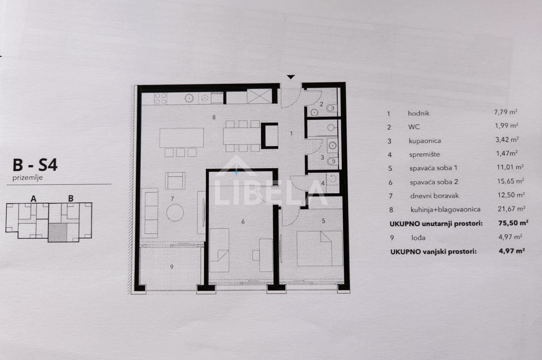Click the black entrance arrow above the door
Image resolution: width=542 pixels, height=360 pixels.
point(291,77)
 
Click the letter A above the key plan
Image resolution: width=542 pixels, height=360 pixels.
point(33,199)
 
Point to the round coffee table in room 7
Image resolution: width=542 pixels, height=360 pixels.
point(175,212)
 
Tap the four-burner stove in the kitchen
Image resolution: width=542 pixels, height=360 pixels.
point(160,99)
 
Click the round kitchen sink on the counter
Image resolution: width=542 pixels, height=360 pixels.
point(190,99)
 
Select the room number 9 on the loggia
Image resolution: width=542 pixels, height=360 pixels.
point(172,267)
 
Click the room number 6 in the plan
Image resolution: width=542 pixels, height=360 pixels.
point(243,222)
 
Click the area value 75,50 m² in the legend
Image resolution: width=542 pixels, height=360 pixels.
point(513,223)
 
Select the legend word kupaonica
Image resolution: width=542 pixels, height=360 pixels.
point(425,141)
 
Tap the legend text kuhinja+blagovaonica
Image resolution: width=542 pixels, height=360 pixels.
point(445,209)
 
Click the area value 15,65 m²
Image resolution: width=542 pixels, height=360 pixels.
point(510,181)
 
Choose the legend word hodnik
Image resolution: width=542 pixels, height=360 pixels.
point(418,113)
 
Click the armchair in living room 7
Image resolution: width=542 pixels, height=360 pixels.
point(175,181)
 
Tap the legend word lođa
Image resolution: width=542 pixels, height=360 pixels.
point(418,238)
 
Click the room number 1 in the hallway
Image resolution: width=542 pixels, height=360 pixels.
point(291,133)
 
